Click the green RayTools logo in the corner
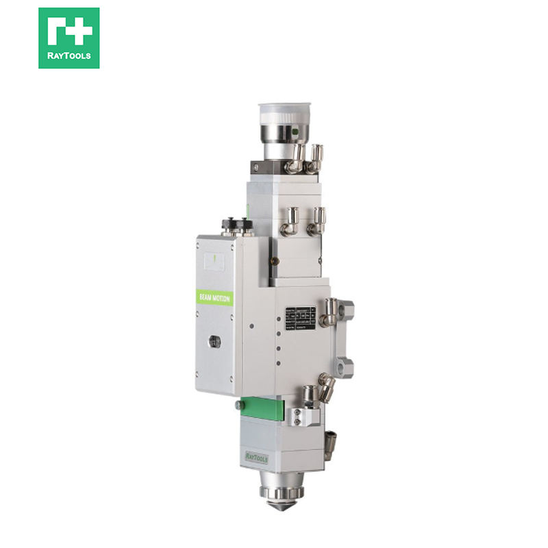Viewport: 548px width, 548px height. pos(68,38)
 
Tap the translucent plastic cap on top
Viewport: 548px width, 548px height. pos(284,113)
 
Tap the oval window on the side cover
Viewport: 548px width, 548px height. pos(214,340)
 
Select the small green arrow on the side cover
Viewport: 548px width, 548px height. pos(214,259)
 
